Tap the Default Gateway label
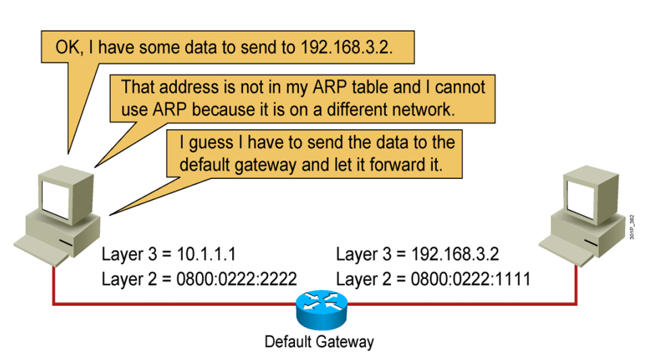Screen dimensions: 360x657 click(319, 342)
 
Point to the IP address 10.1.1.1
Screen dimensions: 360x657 click(203, 255)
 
